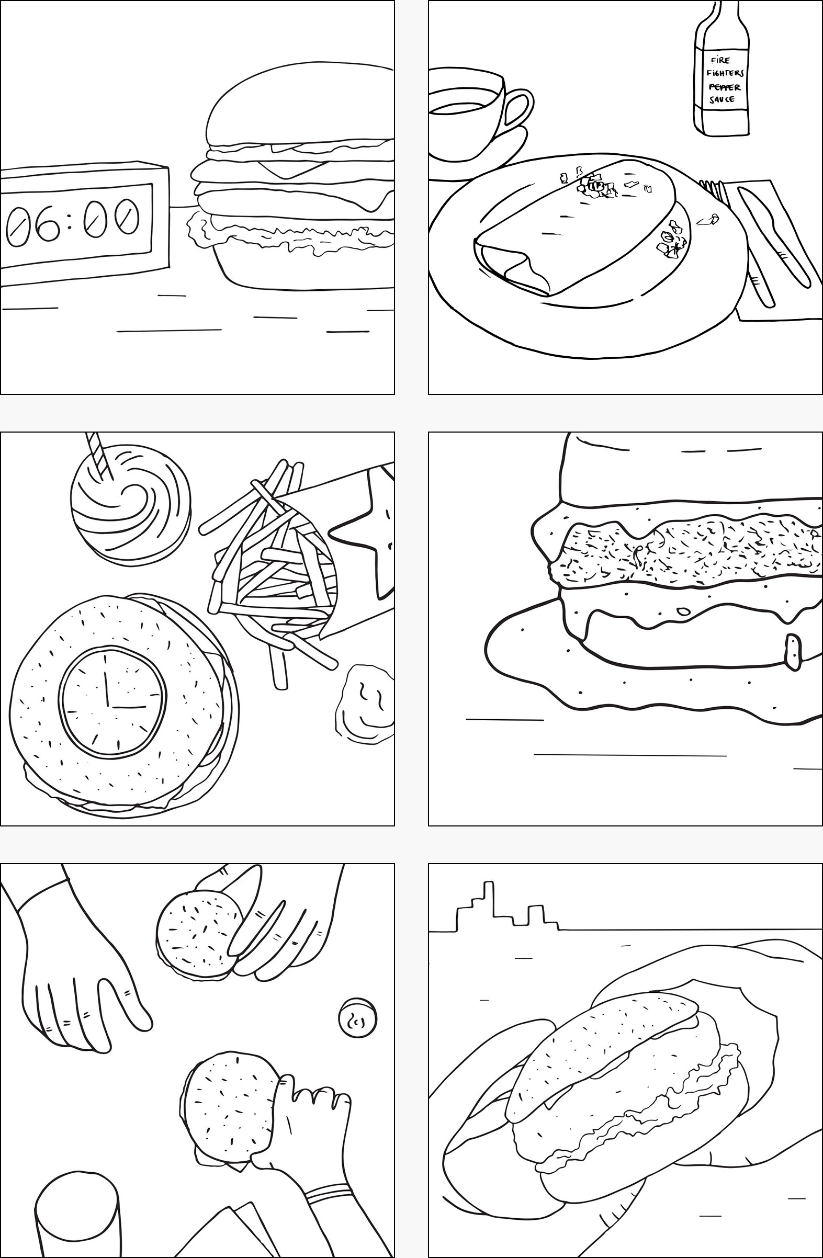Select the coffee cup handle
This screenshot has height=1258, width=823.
pyautogui.click(x=516, y=113)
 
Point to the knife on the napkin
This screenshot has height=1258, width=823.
pyautogui.click(x=774, y=238)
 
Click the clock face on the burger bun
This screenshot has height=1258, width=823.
pyautogui.click(x=114, y=700)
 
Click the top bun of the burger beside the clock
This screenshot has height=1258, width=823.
pyautogui.click(x=299, y=106)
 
